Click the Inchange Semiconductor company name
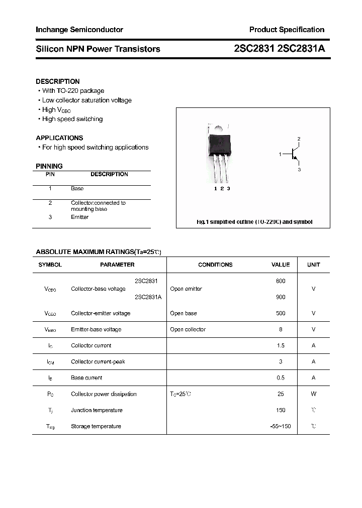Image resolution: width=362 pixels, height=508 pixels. pyautogui.click(x=79, y=30)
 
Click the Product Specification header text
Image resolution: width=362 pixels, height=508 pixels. pyautogui.click(x=287, y=30)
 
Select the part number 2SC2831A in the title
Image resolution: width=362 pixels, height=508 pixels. pyautogui.click(x=301, y=49)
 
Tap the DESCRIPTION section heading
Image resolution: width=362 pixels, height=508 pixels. pyautogui.click(x=57, y=81)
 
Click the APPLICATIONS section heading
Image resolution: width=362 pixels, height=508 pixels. pyautogui.click(x=59, y=138)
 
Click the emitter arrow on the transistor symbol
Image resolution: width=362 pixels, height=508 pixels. pyautogui.click(x=297, y=161)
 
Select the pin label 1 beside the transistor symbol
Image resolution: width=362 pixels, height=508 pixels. pyautogui.click(x=280, y=155)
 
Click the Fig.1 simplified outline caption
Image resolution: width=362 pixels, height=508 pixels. pyautogui.click(x=254, y=222)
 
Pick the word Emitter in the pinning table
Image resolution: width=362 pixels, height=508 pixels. pyautogui.click(x=79, y=217)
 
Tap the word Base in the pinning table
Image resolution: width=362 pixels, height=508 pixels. pyautogui.click(x=77, y=188)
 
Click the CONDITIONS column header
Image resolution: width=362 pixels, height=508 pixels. pyautogui.click(x=215, y=265)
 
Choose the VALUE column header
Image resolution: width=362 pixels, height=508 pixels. pyautogui.click(x=281, y=265)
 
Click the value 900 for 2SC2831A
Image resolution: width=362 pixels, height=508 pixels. pyautogui.click(x=281, y=297)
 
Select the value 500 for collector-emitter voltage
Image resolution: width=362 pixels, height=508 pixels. pyautogui.click(x=281, y=313)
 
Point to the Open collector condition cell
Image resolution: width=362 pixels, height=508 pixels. pyautogui.click(x=188, y=329)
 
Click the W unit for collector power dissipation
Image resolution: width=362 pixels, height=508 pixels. pyautogui.click(x=313, y=394)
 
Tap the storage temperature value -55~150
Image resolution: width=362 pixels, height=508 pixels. pyautogui.click(x=281, y=426)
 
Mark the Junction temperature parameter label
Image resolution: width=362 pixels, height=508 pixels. pyautogui.click(x=97, y=410)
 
